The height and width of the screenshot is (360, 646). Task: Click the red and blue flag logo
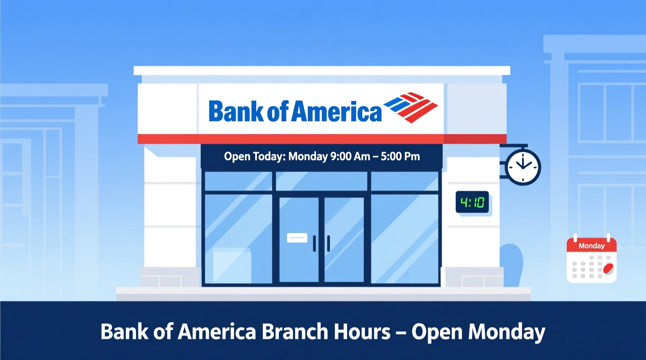[x=411, y=107]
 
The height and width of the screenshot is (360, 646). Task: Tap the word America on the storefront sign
[x=336, y=111]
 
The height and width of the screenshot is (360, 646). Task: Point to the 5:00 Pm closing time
[x=400, y=156]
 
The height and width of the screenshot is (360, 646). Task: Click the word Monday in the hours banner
[x=308, y=156]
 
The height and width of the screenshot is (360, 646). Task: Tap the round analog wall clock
[x=523, y=167]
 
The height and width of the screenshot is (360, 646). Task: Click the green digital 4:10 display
[x=472, y=202]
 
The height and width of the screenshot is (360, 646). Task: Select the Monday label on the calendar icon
[x=591, y=246]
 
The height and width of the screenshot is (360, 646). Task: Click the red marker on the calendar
[x=608, y=268]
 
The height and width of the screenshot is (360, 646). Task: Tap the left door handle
[x=314, y=244]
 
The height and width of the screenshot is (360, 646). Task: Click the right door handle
[x=328, y=244]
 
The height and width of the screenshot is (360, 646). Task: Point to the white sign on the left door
[x=297, y=238]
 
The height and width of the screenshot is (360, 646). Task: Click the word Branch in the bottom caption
[x=295, y=332]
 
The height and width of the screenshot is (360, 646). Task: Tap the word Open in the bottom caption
[x=436, y=332]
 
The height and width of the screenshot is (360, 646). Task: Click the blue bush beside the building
[x=512, y=264]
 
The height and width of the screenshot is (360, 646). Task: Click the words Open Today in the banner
[x=254, y=156]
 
